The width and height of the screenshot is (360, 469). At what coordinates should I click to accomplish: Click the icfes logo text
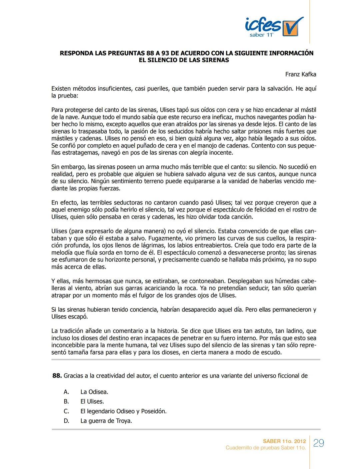click(263, 25)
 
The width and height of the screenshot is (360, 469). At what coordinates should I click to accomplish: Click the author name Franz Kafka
click(300, 74)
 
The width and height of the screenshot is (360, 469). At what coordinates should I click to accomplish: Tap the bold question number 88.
click(57, 376)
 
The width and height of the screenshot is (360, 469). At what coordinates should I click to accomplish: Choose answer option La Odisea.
click(94, 392)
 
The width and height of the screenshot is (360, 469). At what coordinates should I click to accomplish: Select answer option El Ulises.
click(92, 402)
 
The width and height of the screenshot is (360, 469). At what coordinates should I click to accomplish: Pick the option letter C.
click(67, 411)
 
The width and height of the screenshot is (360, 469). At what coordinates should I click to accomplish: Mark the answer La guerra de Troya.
click(106, 421)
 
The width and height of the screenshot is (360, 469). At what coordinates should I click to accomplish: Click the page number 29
click(319, 443)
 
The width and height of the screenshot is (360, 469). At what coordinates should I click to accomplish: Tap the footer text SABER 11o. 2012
click(284, 441)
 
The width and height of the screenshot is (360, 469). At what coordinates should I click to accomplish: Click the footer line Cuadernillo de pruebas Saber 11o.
click(265, 448)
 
